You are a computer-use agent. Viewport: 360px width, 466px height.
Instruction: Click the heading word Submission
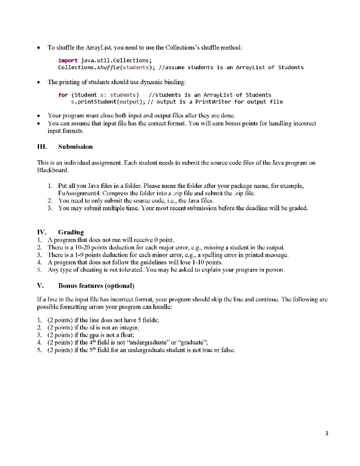tap(76, 147)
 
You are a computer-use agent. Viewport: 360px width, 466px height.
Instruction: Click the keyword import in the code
tap(68, 60)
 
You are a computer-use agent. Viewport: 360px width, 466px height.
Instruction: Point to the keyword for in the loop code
tap(63, 95)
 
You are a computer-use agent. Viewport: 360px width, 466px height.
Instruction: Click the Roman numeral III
tap(43, 147)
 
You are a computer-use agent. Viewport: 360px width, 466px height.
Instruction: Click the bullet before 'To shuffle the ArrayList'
tap(41, 47)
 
